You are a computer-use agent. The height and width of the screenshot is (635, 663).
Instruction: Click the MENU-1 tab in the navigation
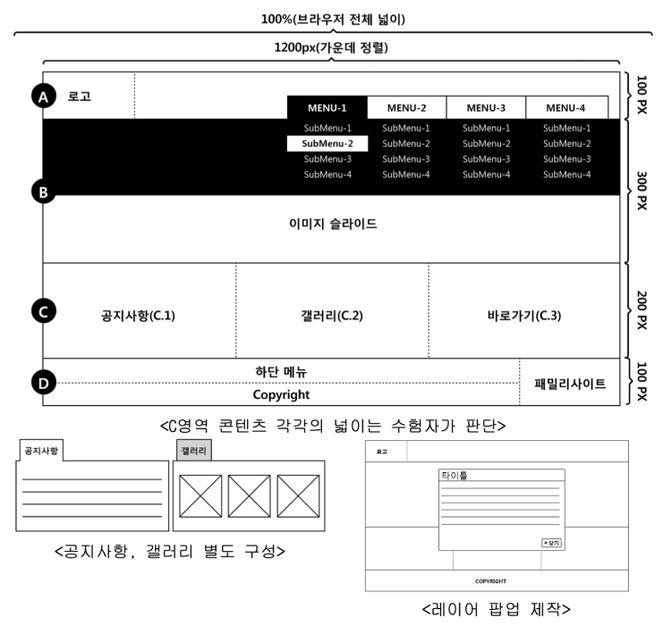click(327, 107)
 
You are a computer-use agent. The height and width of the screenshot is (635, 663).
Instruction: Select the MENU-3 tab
click(486, 107)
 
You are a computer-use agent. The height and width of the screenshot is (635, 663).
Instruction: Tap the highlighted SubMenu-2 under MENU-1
click(327, 143)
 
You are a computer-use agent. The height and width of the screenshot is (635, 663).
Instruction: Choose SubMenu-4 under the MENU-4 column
click(566, 174)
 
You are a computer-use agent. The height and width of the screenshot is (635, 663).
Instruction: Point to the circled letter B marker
click(42, 190)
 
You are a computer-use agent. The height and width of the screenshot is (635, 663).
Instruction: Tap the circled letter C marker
click(42, 312)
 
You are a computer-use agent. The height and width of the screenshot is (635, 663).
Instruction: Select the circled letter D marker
click(42, 384)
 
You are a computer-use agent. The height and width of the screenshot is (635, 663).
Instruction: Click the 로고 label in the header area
click(80, 97)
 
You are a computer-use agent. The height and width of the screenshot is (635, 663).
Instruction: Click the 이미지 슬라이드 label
click(332, 224)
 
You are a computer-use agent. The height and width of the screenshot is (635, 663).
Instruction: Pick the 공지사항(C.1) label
click(139, 315)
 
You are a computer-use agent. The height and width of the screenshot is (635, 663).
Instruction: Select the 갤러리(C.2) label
click(332, 315)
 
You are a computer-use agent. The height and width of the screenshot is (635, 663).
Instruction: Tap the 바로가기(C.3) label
click(523, 315)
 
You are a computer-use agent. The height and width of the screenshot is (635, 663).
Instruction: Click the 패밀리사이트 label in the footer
click(570, 384)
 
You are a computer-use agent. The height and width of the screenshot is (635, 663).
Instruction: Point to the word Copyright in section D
click(281, 394)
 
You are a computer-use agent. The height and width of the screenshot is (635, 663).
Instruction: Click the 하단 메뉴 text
click(281, 371)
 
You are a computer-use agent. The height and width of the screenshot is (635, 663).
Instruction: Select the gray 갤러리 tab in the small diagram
click(194, 451)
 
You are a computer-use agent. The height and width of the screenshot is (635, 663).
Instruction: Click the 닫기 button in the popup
click(550, 543)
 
